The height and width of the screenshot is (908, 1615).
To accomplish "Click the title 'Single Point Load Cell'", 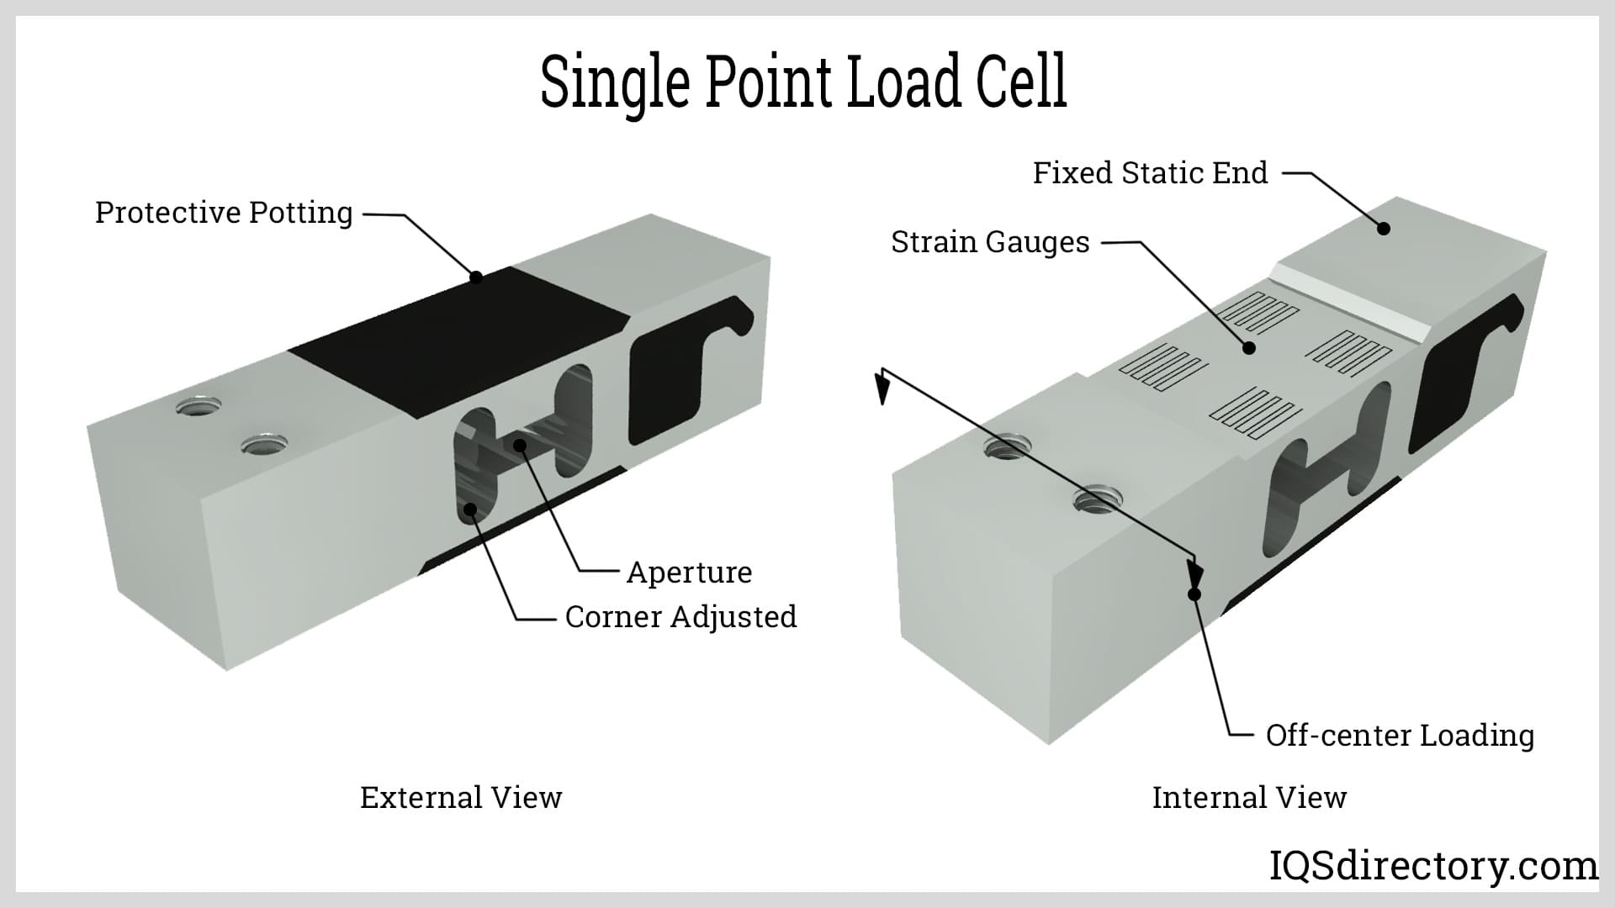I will point(803,82).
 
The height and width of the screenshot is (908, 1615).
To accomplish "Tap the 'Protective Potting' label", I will point(224,213).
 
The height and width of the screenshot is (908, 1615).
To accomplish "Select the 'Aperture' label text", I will point(689,573).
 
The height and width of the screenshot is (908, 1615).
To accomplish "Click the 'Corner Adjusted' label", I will point(680,617).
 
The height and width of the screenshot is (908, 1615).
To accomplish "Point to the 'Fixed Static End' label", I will point(1150,173).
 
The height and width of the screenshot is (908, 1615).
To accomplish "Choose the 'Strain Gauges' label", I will point(990,242).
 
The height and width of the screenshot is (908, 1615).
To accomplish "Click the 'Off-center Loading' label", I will point(1400,736).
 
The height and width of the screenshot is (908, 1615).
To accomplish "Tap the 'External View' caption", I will point(461,798).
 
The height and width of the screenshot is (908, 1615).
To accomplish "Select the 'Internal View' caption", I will point(1249,798).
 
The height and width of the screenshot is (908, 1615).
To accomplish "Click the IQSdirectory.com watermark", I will point(1432,866).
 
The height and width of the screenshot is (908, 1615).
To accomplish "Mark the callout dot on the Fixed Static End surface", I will point(1383,228).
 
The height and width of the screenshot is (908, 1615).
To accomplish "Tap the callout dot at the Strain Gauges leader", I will point(1249,347).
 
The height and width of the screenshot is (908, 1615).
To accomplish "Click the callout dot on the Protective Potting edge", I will point(475,277).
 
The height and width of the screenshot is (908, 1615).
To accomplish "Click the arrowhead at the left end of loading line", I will point(882,388).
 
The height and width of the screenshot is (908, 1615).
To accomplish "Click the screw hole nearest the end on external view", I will point(199,408).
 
